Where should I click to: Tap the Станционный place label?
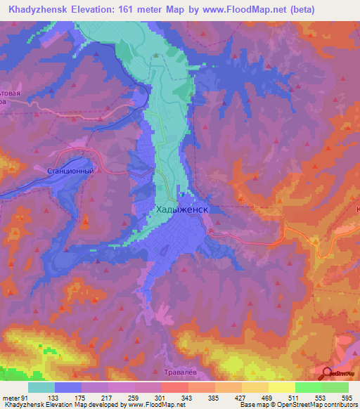pyautogui.click(x=70, y=171)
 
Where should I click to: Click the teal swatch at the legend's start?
pyautogui.click(x=41, y=387)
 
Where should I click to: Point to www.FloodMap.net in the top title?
pyautogui.click(x=236, y=9)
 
